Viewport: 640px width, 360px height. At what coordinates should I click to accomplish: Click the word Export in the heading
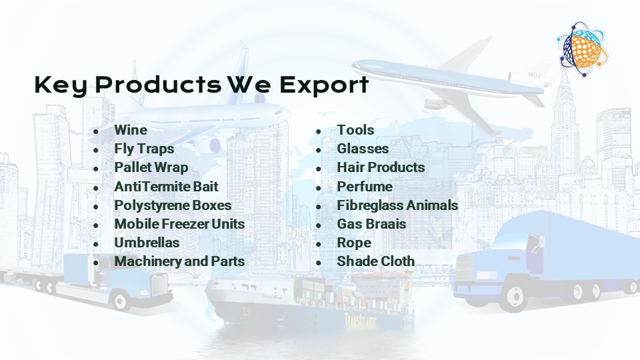[324, 85]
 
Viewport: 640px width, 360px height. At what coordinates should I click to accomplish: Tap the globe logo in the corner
[583, 49]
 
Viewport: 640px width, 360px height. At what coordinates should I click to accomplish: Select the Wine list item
[131, 130]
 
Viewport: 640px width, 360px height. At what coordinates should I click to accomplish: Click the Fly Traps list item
[144, 149]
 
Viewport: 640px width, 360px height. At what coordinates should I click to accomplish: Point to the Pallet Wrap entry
[151, 167]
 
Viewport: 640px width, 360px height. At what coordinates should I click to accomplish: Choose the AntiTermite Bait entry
[166, 187]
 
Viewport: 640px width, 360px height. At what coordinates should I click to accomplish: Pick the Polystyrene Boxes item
[173, 205]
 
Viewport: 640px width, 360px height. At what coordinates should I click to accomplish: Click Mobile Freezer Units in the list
[179, 224]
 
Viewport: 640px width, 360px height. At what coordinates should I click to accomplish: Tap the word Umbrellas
[147, 243]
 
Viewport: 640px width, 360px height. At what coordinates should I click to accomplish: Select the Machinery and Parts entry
[179, 261]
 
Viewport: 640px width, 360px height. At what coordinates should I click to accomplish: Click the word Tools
[355, 130]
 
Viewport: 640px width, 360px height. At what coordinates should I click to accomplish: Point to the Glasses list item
[363, 149]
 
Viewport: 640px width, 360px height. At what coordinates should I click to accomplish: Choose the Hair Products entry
[381, 167]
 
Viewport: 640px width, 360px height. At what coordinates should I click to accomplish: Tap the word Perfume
[365, 187]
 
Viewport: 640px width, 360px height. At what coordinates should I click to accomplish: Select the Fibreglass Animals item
[397, 205]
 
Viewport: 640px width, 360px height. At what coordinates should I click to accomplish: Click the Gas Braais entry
[371, 224]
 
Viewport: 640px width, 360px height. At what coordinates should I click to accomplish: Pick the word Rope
[354, 243]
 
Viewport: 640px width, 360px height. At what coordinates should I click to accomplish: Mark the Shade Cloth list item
[375, 261]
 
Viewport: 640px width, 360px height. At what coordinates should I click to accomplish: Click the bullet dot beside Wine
[96, 131]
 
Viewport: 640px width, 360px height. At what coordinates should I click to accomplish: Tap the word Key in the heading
[61, 86]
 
